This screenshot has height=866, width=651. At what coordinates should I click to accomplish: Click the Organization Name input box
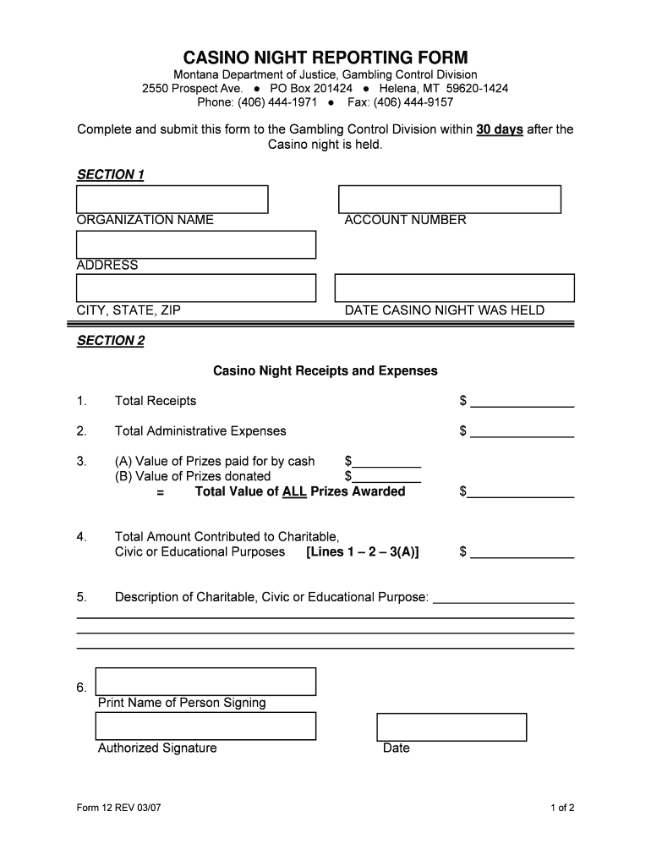tap(172, 199)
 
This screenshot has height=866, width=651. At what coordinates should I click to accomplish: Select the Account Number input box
tap(449, 199)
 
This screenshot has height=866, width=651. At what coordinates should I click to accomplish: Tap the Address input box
tap(195, 244)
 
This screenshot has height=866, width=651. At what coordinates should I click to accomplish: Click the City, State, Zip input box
tap(195, 288)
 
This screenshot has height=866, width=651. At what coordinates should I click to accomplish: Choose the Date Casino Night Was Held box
tap(454, 288)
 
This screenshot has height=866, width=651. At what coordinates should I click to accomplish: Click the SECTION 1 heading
tap(111, 175)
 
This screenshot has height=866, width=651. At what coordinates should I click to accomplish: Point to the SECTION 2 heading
tap(111, 341)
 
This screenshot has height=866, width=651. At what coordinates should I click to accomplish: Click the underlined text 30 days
tap(500, 129)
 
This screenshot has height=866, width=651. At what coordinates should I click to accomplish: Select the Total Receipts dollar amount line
tap(522, 402)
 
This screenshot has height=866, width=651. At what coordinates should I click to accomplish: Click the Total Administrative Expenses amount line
tap(522, 432)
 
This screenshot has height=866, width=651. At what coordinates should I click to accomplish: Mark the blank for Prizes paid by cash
tap(386, 463)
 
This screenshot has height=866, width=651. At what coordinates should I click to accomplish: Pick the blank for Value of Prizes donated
tap(386, 478)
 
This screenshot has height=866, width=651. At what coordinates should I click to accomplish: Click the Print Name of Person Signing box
tap(205, 682)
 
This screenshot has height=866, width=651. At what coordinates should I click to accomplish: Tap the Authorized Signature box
tap(205, 726)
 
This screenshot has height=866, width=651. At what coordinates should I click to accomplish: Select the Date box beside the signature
tap(451, 727)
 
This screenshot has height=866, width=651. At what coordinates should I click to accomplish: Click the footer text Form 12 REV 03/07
tap(118, 808)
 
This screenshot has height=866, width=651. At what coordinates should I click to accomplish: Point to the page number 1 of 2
tap(562, 808)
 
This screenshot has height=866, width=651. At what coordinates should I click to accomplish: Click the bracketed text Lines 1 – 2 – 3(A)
tap(362, 552)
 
